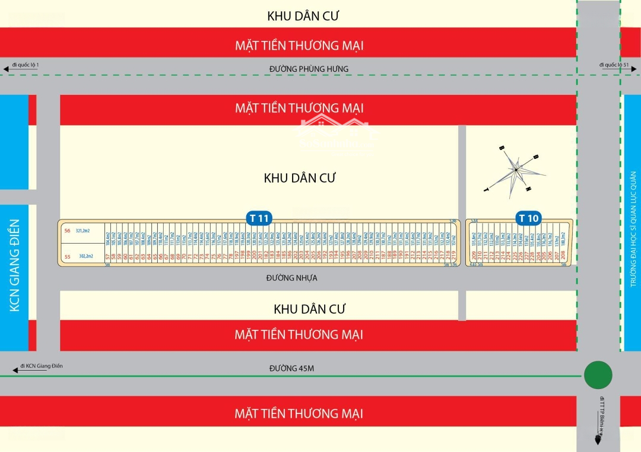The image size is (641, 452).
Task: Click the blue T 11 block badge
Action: click(x=260, y=218)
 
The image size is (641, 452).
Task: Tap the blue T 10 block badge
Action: click(x=528, y=218)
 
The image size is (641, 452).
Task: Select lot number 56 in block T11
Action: click(x=67, y=230)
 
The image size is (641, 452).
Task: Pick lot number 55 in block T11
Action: click(x=67, y=256)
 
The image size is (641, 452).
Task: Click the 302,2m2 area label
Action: click(x=84, y=256)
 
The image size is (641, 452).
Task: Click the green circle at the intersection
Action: click(x=598, y=375)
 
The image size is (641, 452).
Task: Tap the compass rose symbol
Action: click(x=515, y=170)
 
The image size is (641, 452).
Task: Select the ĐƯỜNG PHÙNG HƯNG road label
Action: click(x=309, y=69)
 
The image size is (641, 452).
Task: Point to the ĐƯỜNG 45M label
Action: click(x=291, y=368)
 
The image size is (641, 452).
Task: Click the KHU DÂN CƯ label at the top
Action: click(x=303, y=16)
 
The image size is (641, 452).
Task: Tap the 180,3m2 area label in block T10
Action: click(x=563, y=240)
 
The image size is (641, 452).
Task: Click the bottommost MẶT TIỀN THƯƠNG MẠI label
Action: click(x=299, y=413)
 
